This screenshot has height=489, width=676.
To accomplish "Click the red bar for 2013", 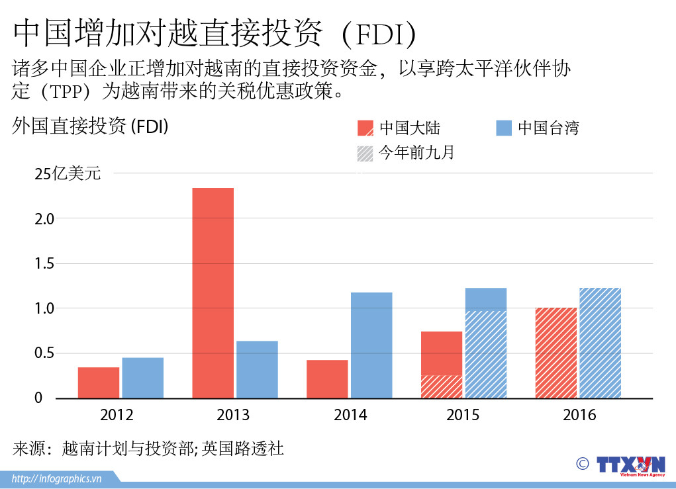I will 213,292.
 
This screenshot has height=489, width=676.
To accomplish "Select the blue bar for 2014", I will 371,345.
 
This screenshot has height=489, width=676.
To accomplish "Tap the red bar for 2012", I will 99,382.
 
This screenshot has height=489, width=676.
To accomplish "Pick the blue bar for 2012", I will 142,378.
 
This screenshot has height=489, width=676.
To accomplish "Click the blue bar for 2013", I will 257,369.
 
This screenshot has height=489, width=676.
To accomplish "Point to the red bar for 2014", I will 327,378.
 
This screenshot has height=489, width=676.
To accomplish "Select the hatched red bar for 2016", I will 556,353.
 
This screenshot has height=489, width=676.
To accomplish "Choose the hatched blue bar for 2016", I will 600,343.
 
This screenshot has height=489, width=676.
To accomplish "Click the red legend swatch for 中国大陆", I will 365,128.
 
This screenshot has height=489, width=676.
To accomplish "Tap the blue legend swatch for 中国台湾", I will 505,128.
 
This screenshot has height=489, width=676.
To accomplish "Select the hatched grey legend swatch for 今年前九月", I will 365,154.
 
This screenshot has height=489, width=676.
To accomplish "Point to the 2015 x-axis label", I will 463,416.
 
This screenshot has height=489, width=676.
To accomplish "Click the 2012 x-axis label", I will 117,416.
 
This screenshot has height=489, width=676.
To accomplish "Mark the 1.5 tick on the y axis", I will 47,263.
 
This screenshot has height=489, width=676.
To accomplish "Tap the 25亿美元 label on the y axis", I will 68,174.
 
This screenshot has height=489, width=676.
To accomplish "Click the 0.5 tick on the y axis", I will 47,353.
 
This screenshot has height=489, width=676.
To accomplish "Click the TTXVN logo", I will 630,465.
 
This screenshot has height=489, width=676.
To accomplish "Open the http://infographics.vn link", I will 57,478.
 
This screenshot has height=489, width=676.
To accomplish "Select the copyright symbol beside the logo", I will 583,463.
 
